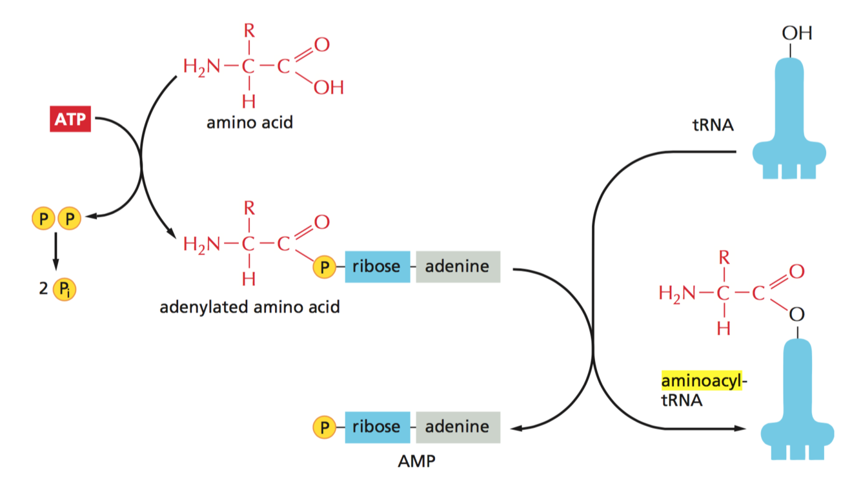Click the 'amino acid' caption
tap(249, 122)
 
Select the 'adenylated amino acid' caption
tap(249, 306)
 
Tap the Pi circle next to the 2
tap(64, 289)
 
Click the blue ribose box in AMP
tap(377, 426)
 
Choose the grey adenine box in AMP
tap(457, 426)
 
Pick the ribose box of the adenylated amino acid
tap(377, 266)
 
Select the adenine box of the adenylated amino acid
tap(457, 266)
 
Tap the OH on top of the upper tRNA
tap(796, 33)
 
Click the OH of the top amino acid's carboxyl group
tap(328, 87)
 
